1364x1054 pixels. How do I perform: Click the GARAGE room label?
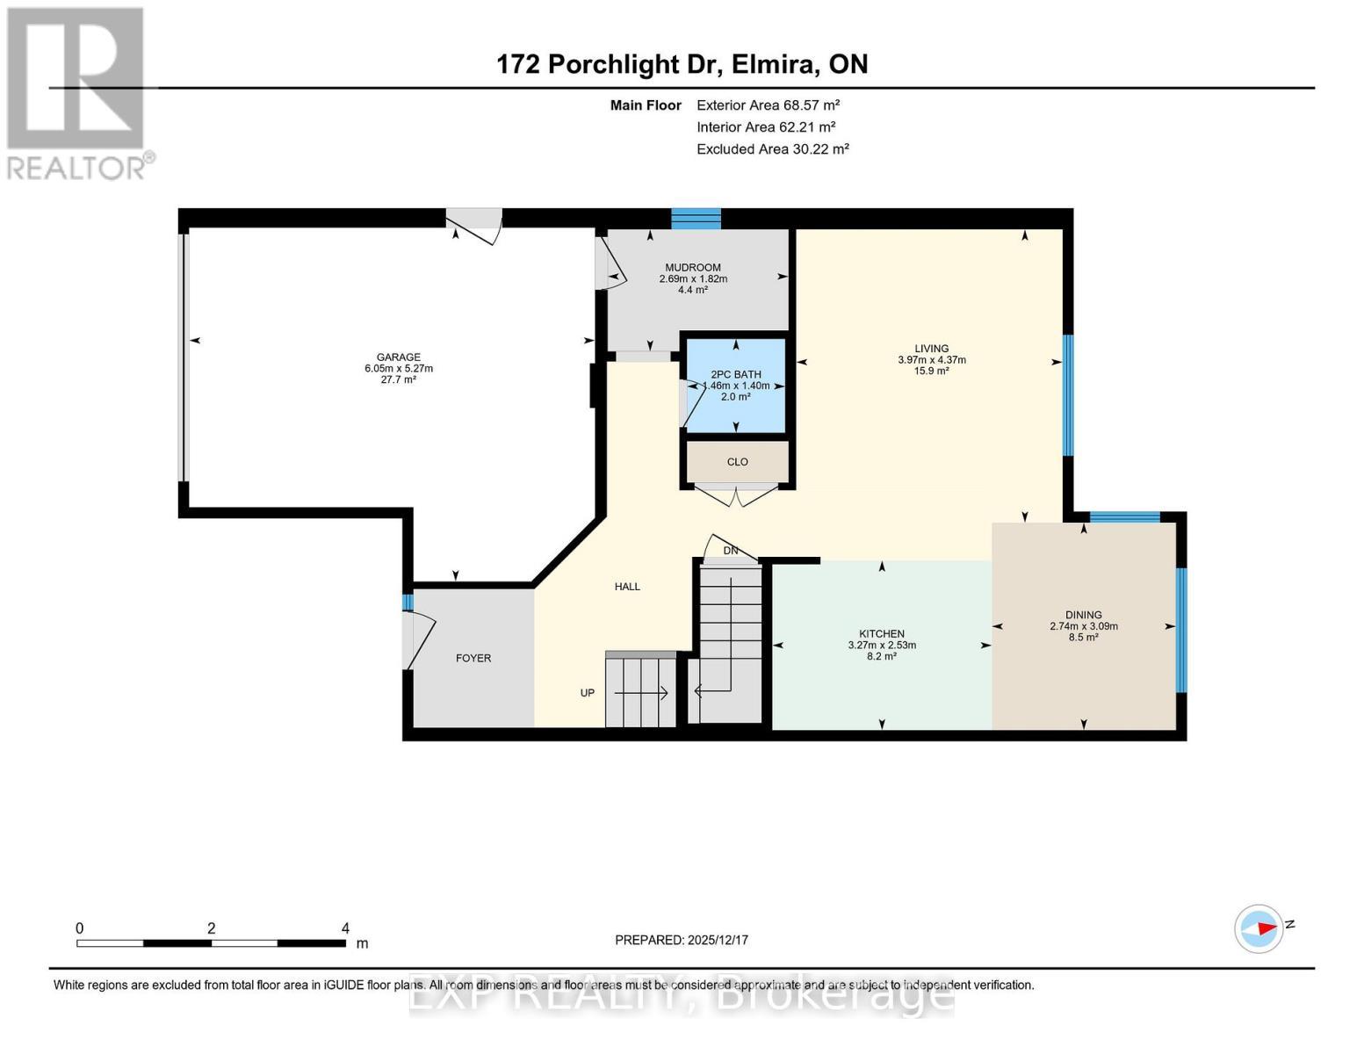(x=398, y=357)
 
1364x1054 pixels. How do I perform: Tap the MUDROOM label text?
(x=693, y=268)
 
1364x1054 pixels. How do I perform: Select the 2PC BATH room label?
(x=736, y=375)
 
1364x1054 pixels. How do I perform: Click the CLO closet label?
(x=737, y=462)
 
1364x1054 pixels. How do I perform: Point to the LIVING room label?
(x=931, y=349)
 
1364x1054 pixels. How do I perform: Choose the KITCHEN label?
(x=881, y=634)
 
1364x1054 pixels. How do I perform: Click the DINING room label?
(x=1083, y=616)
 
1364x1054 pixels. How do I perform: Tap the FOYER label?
(x=473, y=658)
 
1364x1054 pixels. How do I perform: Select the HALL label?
(x=627, y=587)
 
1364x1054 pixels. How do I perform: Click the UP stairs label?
(x=588, y=693)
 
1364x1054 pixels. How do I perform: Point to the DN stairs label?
(x=730, y=551)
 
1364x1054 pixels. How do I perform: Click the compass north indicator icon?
(x=1259, y=928)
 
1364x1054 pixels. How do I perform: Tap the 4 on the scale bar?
(x=345, y=928)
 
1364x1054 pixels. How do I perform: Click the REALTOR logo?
(x=77, y=93)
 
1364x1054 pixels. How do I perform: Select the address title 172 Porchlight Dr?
(x=682, y=64)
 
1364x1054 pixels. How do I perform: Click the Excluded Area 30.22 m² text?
(x=772, y=149)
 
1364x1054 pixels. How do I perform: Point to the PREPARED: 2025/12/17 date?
(x=682, y=940)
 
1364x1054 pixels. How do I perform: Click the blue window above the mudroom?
(x=696, y=219)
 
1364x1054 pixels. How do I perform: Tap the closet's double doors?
(x=737, y=496)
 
